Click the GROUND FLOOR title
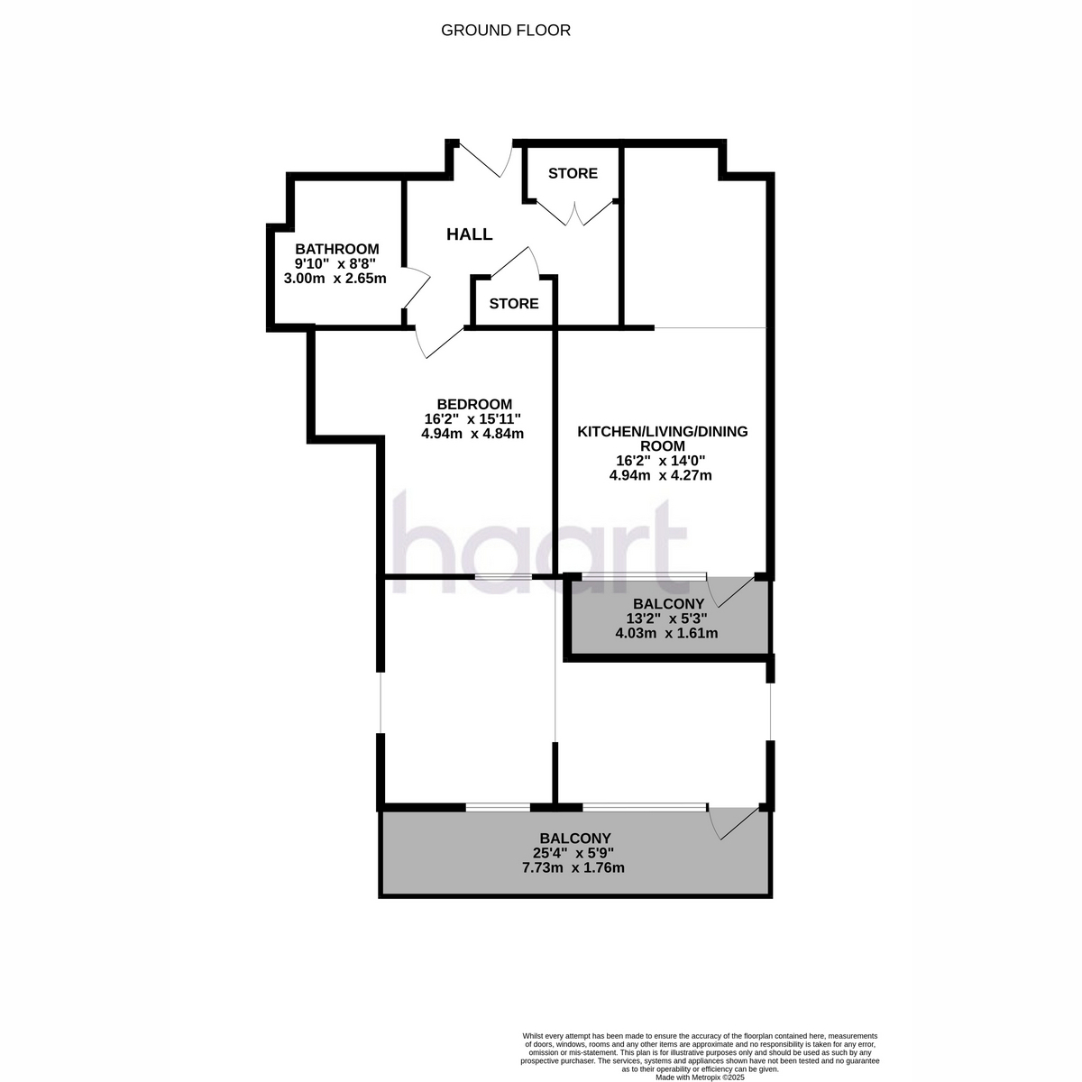505,31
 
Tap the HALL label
470,234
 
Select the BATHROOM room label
337,249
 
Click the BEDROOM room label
474,404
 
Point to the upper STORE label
573,173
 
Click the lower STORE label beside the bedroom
514,304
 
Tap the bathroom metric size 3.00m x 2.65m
335,279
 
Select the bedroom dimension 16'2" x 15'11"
472,419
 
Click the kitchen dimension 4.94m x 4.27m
661,475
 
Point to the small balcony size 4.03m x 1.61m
666,633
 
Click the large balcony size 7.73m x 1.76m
573,867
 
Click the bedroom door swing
439,343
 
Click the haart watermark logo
539,543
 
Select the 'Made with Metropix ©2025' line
700,1077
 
